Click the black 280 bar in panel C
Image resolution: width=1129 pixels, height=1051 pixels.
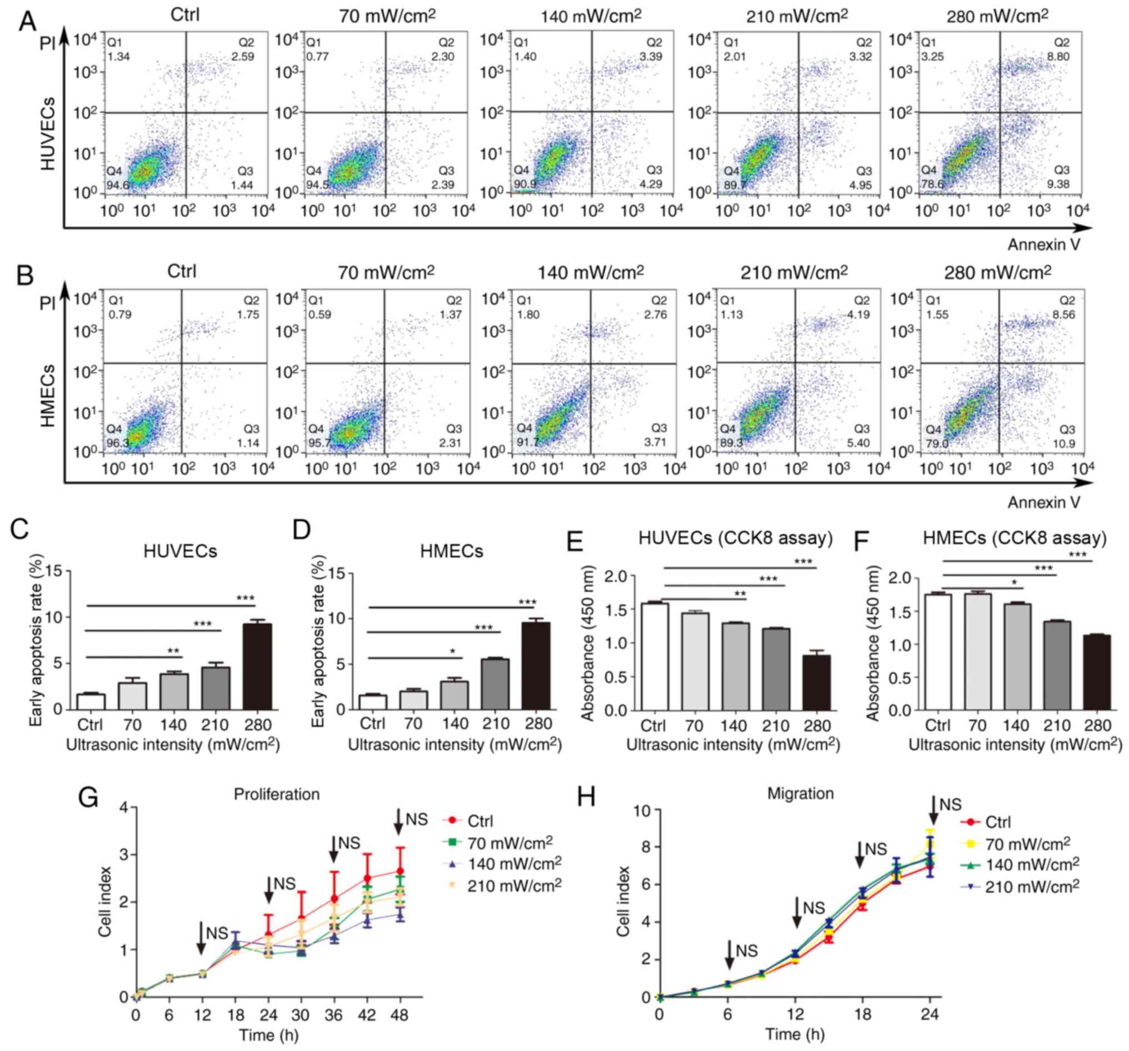257,666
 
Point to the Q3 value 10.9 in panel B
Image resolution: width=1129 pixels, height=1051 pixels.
1063,444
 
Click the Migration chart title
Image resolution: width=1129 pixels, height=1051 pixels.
800,794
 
